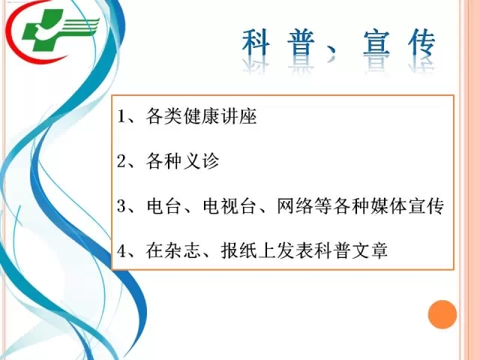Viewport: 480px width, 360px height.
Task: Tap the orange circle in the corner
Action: (x=442, y=314)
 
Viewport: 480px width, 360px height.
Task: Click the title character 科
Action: (x=256, y=43)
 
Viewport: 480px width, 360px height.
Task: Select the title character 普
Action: (x=301, y=43)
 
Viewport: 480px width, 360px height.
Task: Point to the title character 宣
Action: (x=376, y=43)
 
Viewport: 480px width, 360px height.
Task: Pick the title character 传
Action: (x=421, y=43)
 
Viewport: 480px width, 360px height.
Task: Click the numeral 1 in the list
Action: (x=121, y=116)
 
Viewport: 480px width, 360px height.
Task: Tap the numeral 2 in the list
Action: (x=121, y=161)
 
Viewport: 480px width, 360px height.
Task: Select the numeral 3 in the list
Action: (x=121, y=205)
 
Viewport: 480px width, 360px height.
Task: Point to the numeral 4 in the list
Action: (x=121, y=250)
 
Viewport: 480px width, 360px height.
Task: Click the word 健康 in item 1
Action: (x=202, y=116)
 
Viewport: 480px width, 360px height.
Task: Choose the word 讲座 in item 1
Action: (x=238, y=116)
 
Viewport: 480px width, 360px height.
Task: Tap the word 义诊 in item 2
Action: (x=202, y=161)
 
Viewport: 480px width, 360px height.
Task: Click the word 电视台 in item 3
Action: (x=229, y=205)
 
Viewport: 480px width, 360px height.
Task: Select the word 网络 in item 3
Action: (x=295, y=205)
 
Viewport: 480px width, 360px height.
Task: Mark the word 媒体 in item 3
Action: (x=388, y=205)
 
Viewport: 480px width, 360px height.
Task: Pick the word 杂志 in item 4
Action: (x=183, y=250)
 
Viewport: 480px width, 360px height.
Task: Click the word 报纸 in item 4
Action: (x=238, y=250)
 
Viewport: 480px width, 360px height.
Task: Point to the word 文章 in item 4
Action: (x=370, y=250)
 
